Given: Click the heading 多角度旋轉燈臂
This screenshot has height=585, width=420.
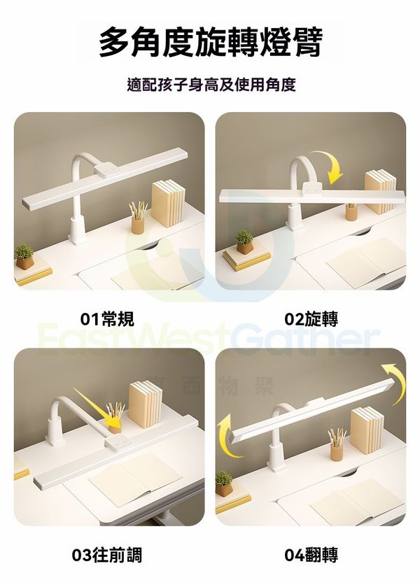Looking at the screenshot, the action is pos(211,42).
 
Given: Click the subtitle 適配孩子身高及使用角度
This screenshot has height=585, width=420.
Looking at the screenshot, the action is pos(211,85).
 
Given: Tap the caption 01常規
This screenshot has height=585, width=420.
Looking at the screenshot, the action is pos(107,319).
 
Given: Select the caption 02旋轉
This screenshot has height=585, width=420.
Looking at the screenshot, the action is pos(311,319).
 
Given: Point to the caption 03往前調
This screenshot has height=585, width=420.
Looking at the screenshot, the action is pos(107,555).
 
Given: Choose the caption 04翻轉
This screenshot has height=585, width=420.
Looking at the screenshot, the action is pos(311,555).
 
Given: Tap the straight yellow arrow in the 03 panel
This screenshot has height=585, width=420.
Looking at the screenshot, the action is pos(99,409).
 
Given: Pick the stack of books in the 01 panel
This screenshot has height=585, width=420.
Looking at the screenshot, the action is pos(169,203).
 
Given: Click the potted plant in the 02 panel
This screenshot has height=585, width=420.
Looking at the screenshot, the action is pos(244,243).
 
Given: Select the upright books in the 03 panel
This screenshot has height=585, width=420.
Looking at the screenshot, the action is pos(146,404).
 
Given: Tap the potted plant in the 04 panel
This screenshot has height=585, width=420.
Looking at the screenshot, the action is pos(224,484).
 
